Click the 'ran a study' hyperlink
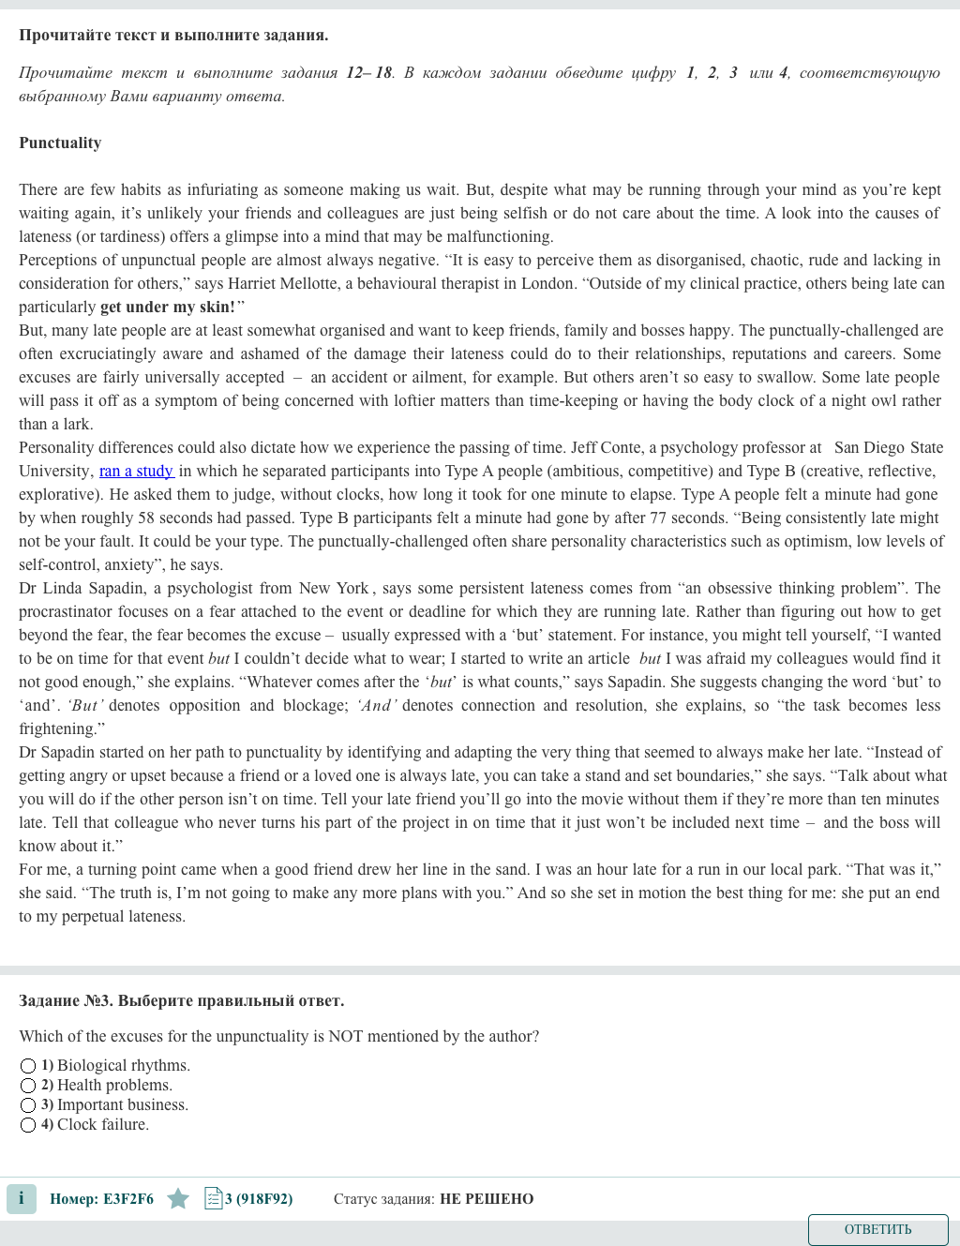point(136,471)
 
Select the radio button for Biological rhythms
point(28,1066)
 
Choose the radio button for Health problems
point(28,1086)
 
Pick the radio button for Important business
point(28,1105)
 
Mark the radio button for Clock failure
point(28,1125)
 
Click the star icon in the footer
point(178,1198)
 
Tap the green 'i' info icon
point(22,1198)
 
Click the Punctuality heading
point(60,143)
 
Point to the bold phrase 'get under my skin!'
point(168,307)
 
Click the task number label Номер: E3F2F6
point(101,1198)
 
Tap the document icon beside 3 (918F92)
point(213,1198)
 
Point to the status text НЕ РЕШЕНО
point(487,1198)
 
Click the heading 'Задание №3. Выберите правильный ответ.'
point(182,1000)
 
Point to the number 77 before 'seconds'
point(659,518)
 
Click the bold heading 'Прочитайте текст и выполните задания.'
point(173,35)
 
